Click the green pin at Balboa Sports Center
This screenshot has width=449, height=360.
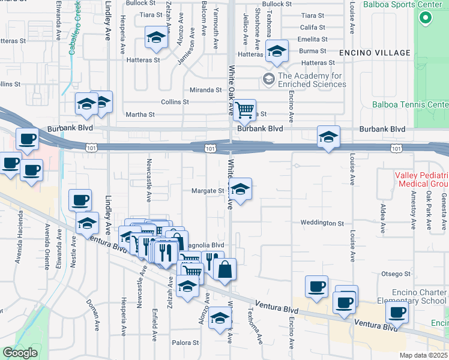pos(425,17)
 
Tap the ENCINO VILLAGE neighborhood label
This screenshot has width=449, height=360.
pos(375,53)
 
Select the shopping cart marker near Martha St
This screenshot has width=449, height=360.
pos(244,110)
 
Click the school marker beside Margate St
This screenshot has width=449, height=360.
pos(240,190)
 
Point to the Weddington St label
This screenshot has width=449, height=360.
pos(322,223)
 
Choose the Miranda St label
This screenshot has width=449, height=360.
pos(206,90)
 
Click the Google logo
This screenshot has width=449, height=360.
pos(20,352)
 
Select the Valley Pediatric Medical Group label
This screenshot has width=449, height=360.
pos(421,179)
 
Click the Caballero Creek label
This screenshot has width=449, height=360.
pos(74,29)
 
